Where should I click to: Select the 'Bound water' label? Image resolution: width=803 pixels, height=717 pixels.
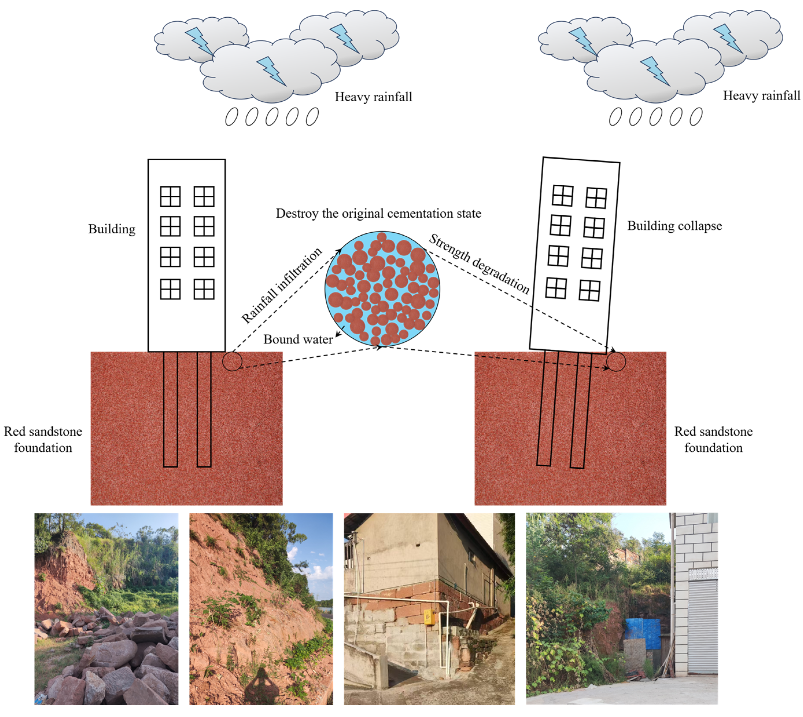[x=298, y=339]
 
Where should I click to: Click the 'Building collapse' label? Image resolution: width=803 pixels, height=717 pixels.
[x=674, y=226]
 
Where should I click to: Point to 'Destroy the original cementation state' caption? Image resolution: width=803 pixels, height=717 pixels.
[x=378, y=214]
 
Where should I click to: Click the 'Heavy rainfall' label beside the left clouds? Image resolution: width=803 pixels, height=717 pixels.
[x=373, y=97]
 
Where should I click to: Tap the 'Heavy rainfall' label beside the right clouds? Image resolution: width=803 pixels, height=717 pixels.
[x=761, y=96]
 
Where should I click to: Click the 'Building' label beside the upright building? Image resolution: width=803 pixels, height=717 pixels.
[x=112, y=229]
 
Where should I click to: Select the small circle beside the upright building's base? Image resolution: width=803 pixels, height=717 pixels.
[x=232, y=361]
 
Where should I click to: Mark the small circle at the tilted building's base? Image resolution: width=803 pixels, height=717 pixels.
[x=616, y=361]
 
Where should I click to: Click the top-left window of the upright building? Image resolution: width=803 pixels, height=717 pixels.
[x=170, y=196]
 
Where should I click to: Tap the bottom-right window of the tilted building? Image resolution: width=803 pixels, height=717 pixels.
[x=589, y=291]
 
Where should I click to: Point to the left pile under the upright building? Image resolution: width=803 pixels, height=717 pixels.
[x=170, y=410]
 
